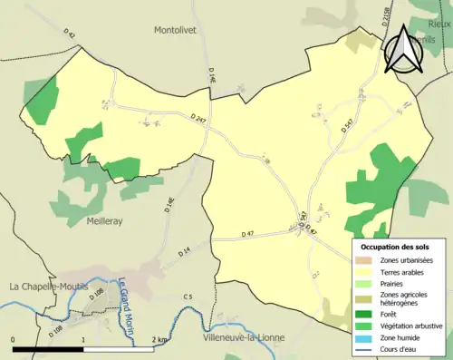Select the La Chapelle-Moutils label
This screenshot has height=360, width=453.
pos(53,286)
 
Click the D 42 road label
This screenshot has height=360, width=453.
pos(71,35)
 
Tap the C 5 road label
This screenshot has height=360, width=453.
pos(188,297)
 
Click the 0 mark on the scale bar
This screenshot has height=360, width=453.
pos(13,340)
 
